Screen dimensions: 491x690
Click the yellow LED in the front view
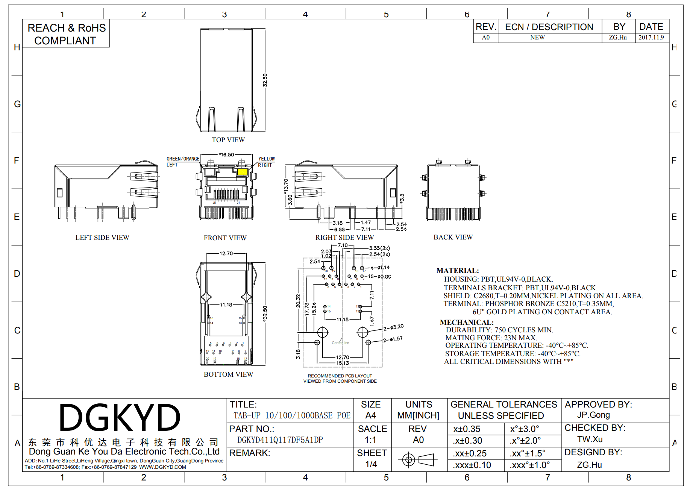point(243,172)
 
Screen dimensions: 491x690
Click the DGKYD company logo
point(120,418)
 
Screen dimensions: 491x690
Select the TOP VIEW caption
point(228,140)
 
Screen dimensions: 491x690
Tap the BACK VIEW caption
point(453,237)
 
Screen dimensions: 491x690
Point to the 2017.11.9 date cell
point(651,38)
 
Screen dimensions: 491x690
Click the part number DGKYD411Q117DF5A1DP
point(280,440)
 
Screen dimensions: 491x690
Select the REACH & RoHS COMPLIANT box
point(67,34)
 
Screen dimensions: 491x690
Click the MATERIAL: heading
point(457,271)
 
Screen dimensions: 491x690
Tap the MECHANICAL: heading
point(466,323)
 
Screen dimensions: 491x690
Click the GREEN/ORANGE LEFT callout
point(183,162)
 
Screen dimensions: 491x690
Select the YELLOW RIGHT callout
point(266,162)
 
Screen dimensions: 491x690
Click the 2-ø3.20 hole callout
point(393,327)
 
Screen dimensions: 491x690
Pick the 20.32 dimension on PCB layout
point(298,301)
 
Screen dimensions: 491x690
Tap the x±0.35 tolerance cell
point(467,429)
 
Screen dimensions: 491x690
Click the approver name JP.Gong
point(593,415)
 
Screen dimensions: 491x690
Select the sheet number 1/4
point(371,464)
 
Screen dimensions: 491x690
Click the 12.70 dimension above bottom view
point(226,254)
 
